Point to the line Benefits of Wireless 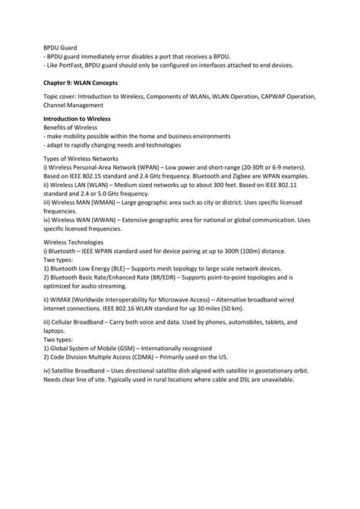coord(75,128)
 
